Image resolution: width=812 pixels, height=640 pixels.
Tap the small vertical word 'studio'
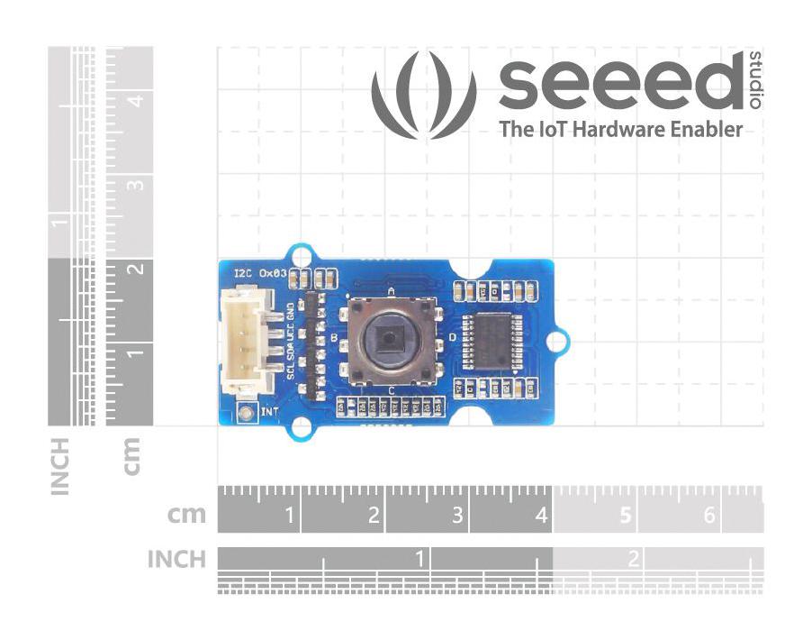pos(754,81)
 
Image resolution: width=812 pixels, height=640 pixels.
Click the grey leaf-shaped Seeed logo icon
pos(425,95)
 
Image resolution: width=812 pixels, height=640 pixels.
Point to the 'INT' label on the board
pos(269,413)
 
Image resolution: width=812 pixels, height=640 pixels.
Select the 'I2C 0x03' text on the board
pos(259,272)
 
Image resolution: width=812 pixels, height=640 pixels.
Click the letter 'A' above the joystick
pos(391,291)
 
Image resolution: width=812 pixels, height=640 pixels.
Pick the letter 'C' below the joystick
pos(392,389)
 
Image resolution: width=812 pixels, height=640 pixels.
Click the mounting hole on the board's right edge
pos(558,341)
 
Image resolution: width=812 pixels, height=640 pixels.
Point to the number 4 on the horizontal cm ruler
pos(541,516)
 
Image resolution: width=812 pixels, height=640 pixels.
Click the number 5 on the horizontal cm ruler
pos(626,516)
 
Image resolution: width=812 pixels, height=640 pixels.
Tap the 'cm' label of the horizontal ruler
pos(186,516)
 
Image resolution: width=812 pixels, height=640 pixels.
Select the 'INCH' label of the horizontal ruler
pos(176,560)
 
